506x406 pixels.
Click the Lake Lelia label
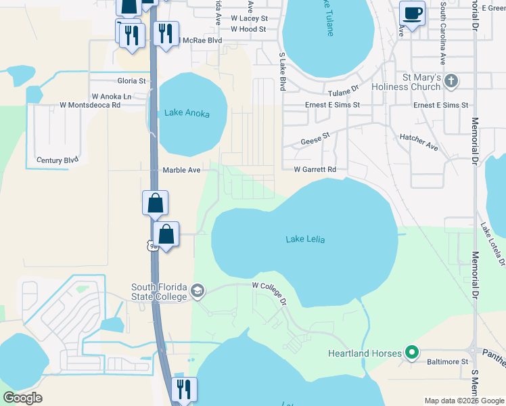(x=305, y=239)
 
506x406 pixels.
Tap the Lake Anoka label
(x=187, y=114)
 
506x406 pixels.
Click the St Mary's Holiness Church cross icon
(x=452, y=82)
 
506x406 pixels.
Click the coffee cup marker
(x=412, y=12)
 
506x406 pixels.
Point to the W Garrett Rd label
(x=315, y=169)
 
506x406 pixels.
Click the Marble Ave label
(x=181, y=171)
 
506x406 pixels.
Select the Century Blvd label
(x=57, y=160)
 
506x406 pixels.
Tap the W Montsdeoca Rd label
(x=90, y=105)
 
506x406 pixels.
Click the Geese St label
(x=315, y=139)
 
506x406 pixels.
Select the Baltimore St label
(x=447, y=362)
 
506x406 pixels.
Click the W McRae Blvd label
(x=198, y=41)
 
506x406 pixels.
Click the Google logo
(x=23, y=398)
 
